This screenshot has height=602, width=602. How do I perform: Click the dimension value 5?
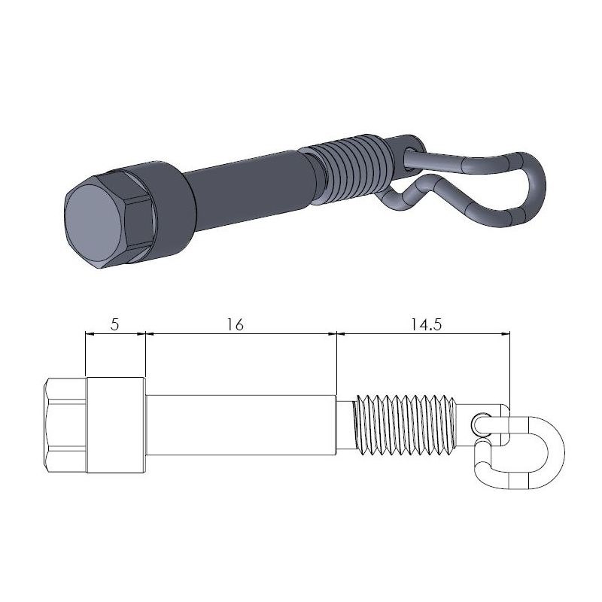pos(114,324)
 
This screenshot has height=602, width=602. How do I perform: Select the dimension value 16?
pos(235,324)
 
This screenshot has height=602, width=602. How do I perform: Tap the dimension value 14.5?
pos(425,324)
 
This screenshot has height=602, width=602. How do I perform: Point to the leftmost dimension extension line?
pos(86,354)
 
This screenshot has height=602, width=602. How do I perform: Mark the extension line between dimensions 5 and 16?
pos(144,354)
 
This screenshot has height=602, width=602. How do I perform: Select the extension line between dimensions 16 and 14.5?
pos(336,361)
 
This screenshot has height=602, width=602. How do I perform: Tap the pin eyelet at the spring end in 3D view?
pos(410,143)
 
